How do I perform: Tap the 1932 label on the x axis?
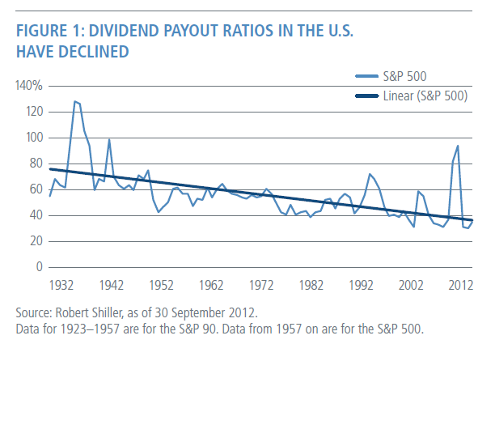pos(62,286)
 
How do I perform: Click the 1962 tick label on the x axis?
pos(212,286)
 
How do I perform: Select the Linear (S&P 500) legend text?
pos(425,96)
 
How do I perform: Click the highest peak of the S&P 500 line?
pos(74,101)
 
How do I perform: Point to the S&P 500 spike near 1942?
pos(109,140)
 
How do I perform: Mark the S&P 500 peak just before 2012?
pos(458,146)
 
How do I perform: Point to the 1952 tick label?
pos(162,286)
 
